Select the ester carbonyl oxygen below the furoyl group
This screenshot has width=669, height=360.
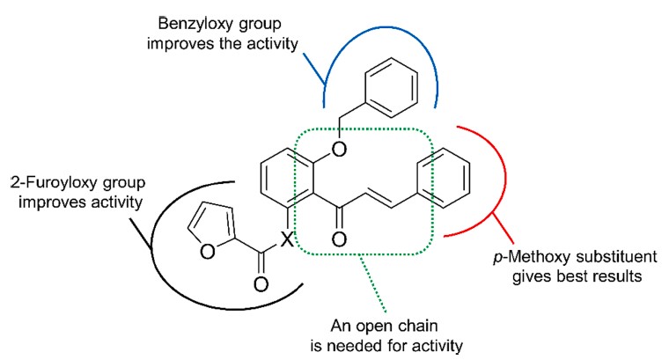point(261,283)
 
